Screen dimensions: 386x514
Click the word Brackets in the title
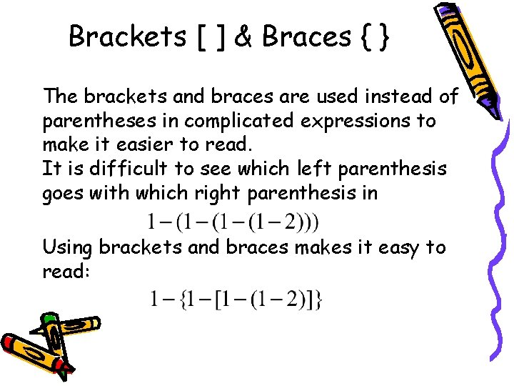point(126,35)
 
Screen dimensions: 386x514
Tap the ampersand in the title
point(243,36)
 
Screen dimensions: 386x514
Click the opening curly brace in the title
point(368,36)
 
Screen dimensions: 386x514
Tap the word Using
point(68,249)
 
